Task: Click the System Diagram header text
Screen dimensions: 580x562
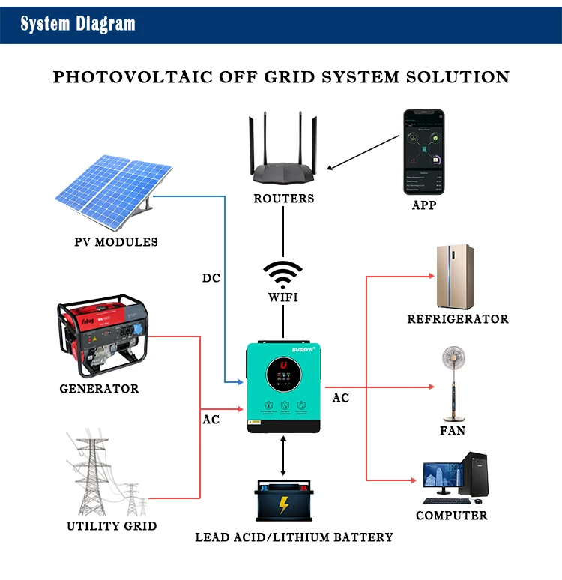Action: (78, 24)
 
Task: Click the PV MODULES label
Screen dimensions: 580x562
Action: (116, 242)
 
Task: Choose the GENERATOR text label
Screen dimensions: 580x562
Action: (100, 389)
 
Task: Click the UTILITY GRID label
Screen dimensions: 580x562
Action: (112, 526)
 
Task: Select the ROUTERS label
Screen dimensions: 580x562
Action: (283, 199)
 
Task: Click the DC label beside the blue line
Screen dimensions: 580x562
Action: (211, 278)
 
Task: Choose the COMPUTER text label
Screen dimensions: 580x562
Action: (452, 516)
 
